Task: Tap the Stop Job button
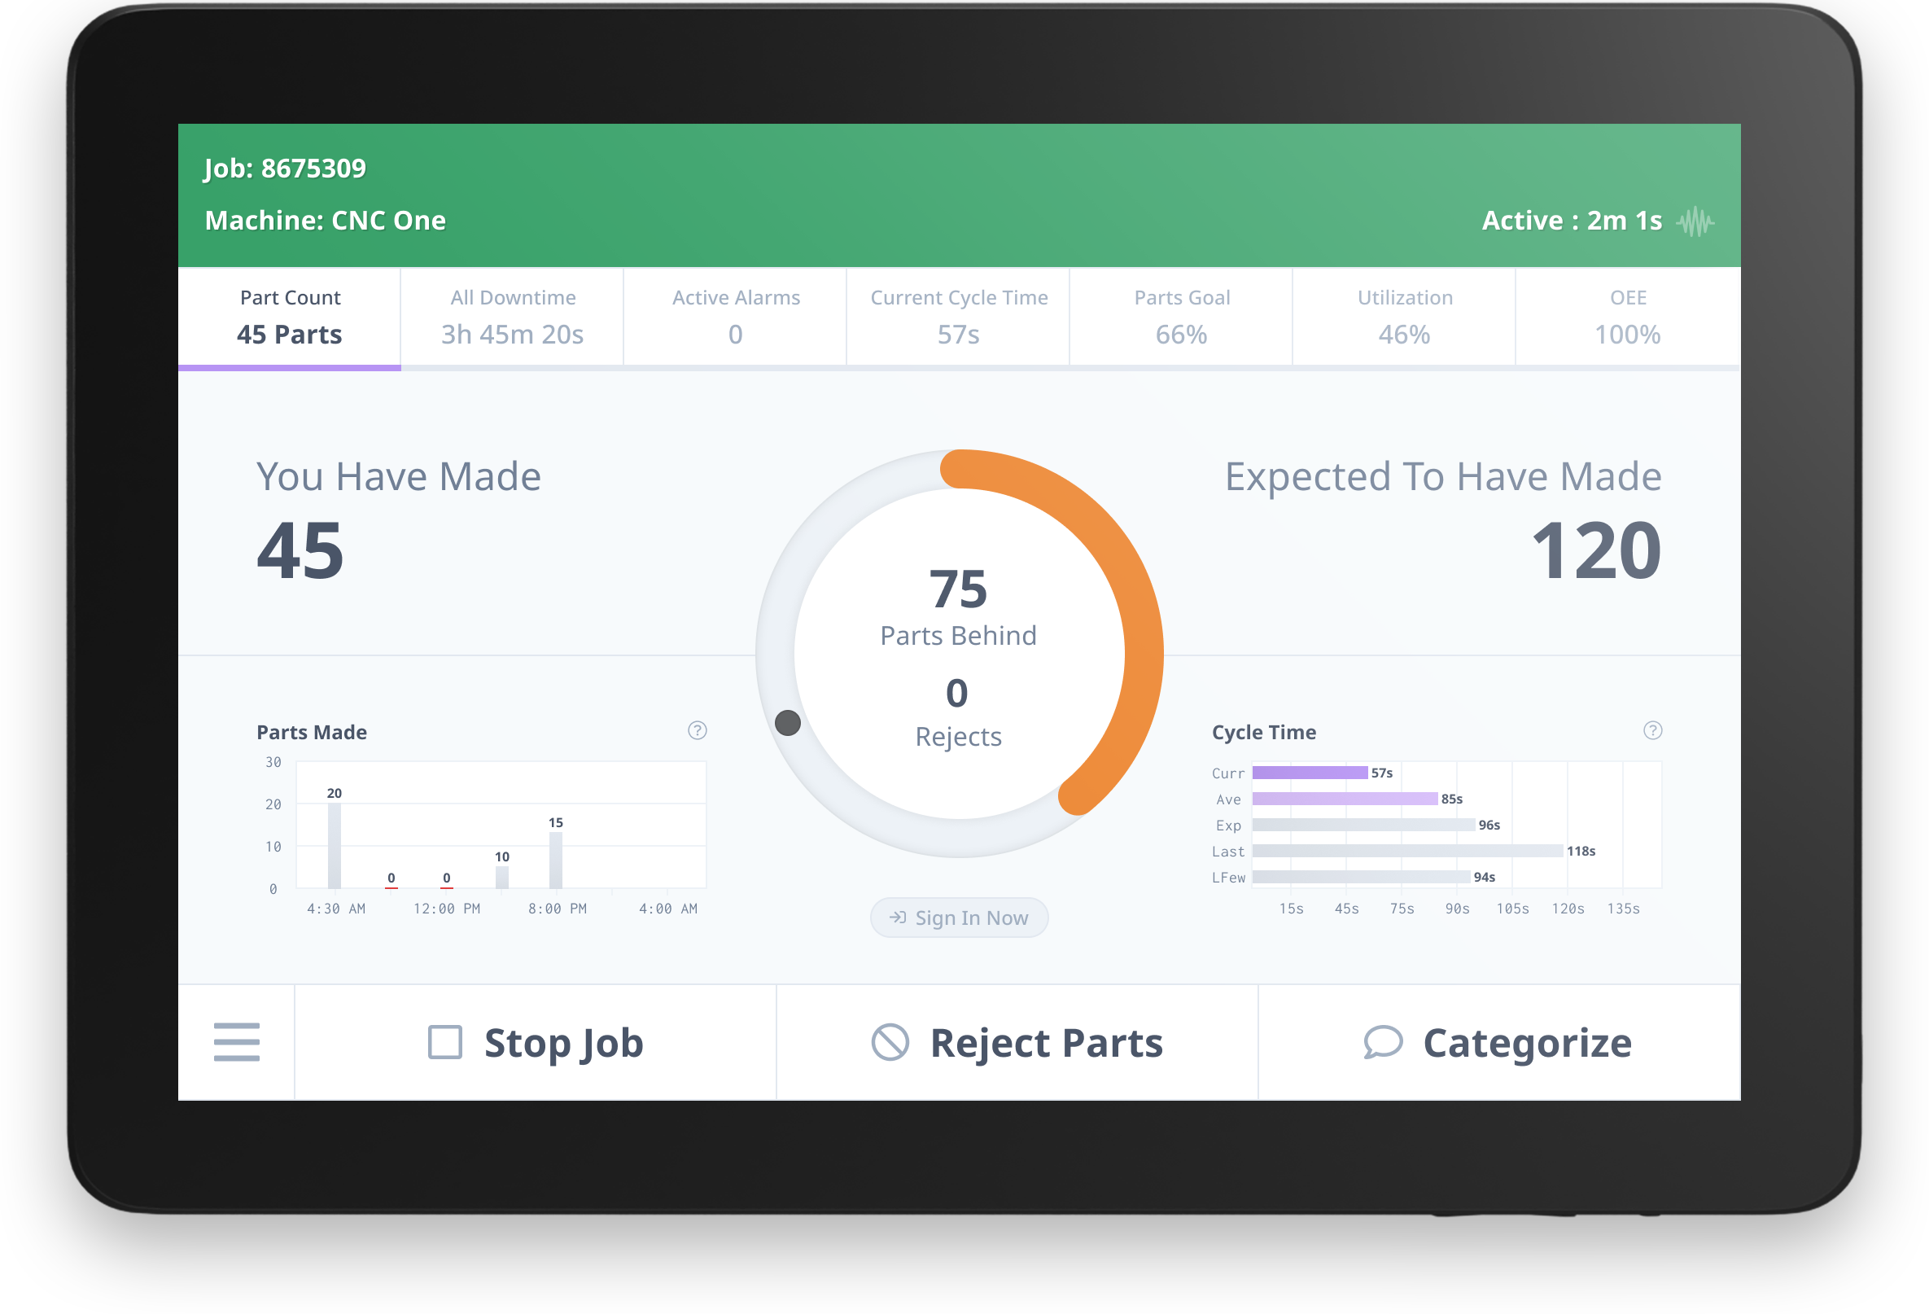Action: coord(536,1043)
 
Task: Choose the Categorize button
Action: coord(1498,1043)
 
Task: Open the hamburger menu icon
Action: coord(237,1043)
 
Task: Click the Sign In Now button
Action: coord(959,918)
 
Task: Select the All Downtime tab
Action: coord(512,317)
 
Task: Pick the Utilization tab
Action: coord(1404,317)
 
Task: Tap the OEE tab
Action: coord(1627,317)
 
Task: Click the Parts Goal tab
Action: coord(1181,317)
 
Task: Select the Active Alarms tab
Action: coord(736,317)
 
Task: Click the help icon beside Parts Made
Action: coord(698,730)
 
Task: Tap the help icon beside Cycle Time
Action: coord(1652,730)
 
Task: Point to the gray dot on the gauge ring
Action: coord(788,723)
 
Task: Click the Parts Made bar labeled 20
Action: coord(335,845)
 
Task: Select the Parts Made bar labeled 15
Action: coord(556,860)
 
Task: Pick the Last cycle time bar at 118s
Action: coord(1407,851)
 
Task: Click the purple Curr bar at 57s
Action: coord(1310,773)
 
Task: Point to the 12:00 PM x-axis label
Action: coord(447,909)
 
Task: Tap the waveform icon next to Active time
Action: coord(1695,221)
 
